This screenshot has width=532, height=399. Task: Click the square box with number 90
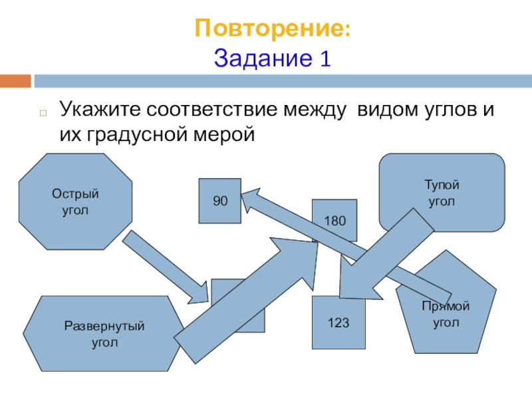[x=219, y=200]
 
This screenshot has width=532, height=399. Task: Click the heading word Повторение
[x=269, y=29]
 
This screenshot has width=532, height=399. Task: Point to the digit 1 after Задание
[x=325, y=59]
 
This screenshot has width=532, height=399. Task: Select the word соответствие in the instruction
[x=233, y=109]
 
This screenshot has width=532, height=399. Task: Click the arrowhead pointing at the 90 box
[x=249, y=198]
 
